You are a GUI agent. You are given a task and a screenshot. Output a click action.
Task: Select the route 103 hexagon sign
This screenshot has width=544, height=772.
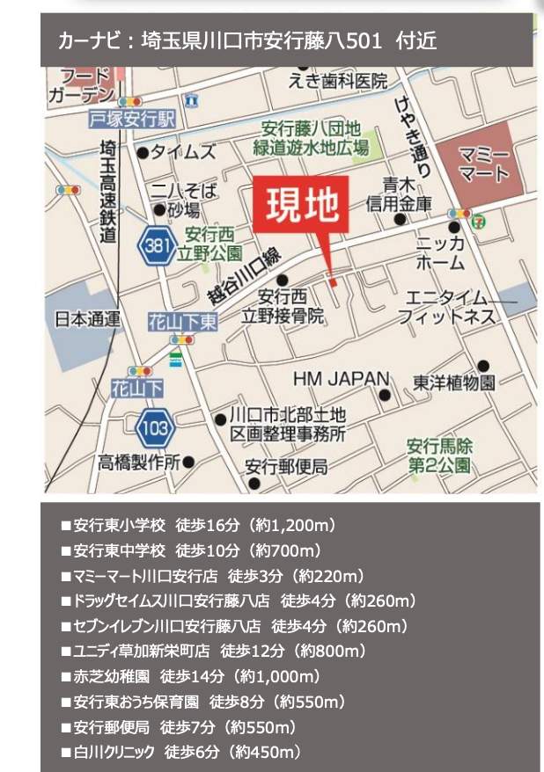tap(155, 429)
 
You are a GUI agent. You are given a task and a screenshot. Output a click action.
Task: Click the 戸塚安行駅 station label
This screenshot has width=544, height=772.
tap(132, 119)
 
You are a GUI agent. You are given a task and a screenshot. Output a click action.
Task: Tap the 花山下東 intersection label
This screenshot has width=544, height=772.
tap(182, 323)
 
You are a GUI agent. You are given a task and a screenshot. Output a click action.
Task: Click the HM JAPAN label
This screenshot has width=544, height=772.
tap(341, 379)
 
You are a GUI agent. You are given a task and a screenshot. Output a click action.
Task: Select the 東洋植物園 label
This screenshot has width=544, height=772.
tap(454, 382)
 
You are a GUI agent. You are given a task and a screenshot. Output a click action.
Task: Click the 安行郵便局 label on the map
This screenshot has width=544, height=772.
tap(286, 466)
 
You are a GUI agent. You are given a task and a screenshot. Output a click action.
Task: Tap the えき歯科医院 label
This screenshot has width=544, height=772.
tap(338, 81)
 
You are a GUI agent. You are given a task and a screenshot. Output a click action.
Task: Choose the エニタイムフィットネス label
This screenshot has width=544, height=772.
tap(446, 307)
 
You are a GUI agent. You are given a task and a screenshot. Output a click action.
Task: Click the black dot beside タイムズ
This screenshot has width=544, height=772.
tap(142, 152)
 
